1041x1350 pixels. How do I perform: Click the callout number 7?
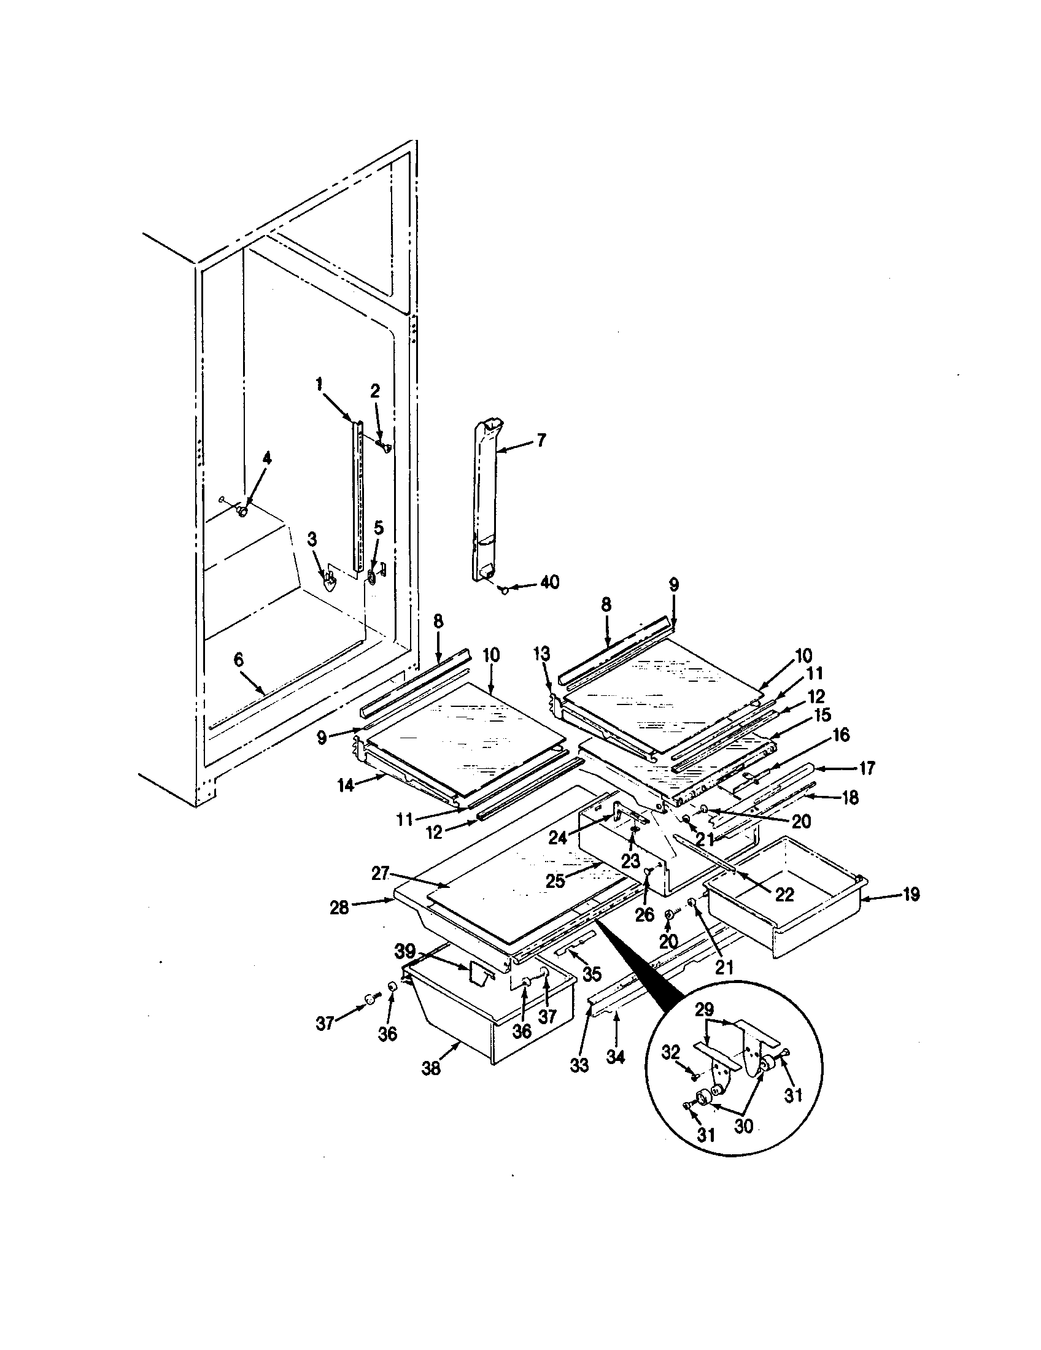click(x=541, y=440)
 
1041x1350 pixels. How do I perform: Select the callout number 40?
click(x=549, y=582)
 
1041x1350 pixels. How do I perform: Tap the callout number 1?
click(x=319, y=385)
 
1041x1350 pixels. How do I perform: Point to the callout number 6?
click(x=239, y=660)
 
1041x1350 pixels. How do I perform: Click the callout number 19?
click(x=910, y=895)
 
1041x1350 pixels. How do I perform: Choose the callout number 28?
click(x=340, y=908)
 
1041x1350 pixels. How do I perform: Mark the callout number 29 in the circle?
click(x=704, y=1010)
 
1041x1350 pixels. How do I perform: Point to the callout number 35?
click(x=592, y=975)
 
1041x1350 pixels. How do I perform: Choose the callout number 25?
click(x=554, y=880)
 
